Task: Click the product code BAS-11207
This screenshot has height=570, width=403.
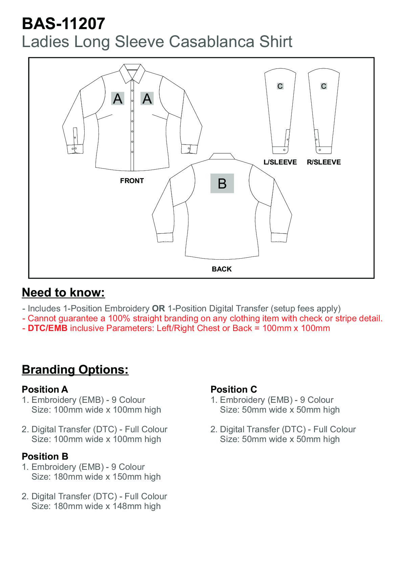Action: [x=63, y=24]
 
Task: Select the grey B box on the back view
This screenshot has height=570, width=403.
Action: [x=222, y=183]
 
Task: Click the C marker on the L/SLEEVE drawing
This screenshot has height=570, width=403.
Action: [x=280, y=86]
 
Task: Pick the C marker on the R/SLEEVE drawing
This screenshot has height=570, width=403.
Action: [x=323, y=86]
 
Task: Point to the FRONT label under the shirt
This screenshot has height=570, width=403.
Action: [x=132, y=181]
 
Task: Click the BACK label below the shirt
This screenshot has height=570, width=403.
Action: [x=222, y=269]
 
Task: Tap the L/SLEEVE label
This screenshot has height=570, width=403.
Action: [x=280, y=162]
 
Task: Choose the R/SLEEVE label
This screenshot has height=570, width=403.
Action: [x=323, y=162]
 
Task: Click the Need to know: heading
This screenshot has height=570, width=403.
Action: [x=63, y=292]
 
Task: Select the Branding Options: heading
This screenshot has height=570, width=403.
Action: [x=75, y=370]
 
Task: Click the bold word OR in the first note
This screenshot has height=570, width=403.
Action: [x=158, y=309]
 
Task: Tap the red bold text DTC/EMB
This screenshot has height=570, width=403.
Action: [x=48, y=328]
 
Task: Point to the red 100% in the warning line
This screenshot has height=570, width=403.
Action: [x=119, y=319]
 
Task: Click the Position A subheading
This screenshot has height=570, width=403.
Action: [x=45, y=389]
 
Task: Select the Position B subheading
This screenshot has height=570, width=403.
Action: [x=45, y=456]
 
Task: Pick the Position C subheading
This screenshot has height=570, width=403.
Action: [x=233, y=389]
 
